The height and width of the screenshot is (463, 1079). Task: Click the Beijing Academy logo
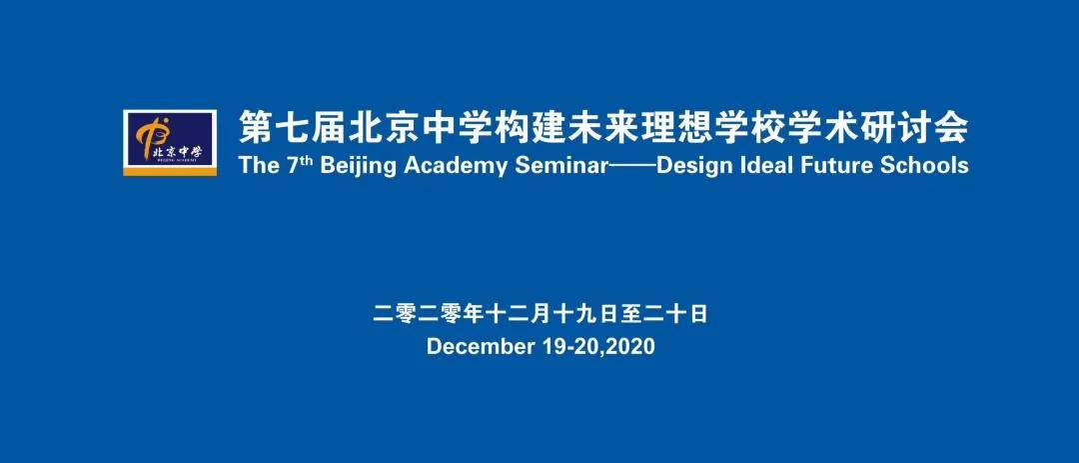pyautogui.click(x=170, y=143)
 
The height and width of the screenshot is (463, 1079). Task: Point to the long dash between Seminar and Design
pyautogui.click(x=633, y=167)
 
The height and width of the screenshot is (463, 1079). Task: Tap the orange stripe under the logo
pyautogui.click(x=170, y=170)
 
